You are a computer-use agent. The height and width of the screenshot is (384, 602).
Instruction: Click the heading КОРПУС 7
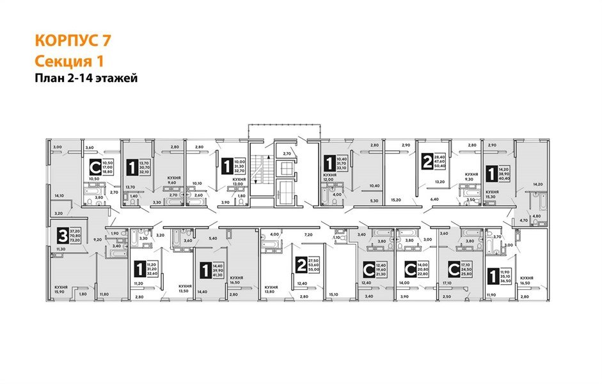(x=73, y=41)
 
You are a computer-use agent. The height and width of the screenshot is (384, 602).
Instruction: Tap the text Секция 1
(x=68, y=61)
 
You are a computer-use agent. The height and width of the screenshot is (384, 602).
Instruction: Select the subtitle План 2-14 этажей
(x=86, y=78)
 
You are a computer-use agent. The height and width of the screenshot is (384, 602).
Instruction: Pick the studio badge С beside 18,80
(x=94, y=168)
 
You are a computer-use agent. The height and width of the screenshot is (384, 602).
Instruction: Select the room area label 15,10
(x=333, y=295)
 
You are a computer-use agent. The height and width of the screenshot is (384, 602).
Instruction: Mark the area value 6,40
(x=435, y=200)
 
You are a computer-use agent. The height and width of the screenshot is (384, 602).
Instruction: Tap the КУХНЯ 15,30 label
(x=491, y=194)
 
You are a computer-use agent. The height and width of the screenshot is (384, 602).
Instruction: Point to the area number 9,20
(x=97, y=239)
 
